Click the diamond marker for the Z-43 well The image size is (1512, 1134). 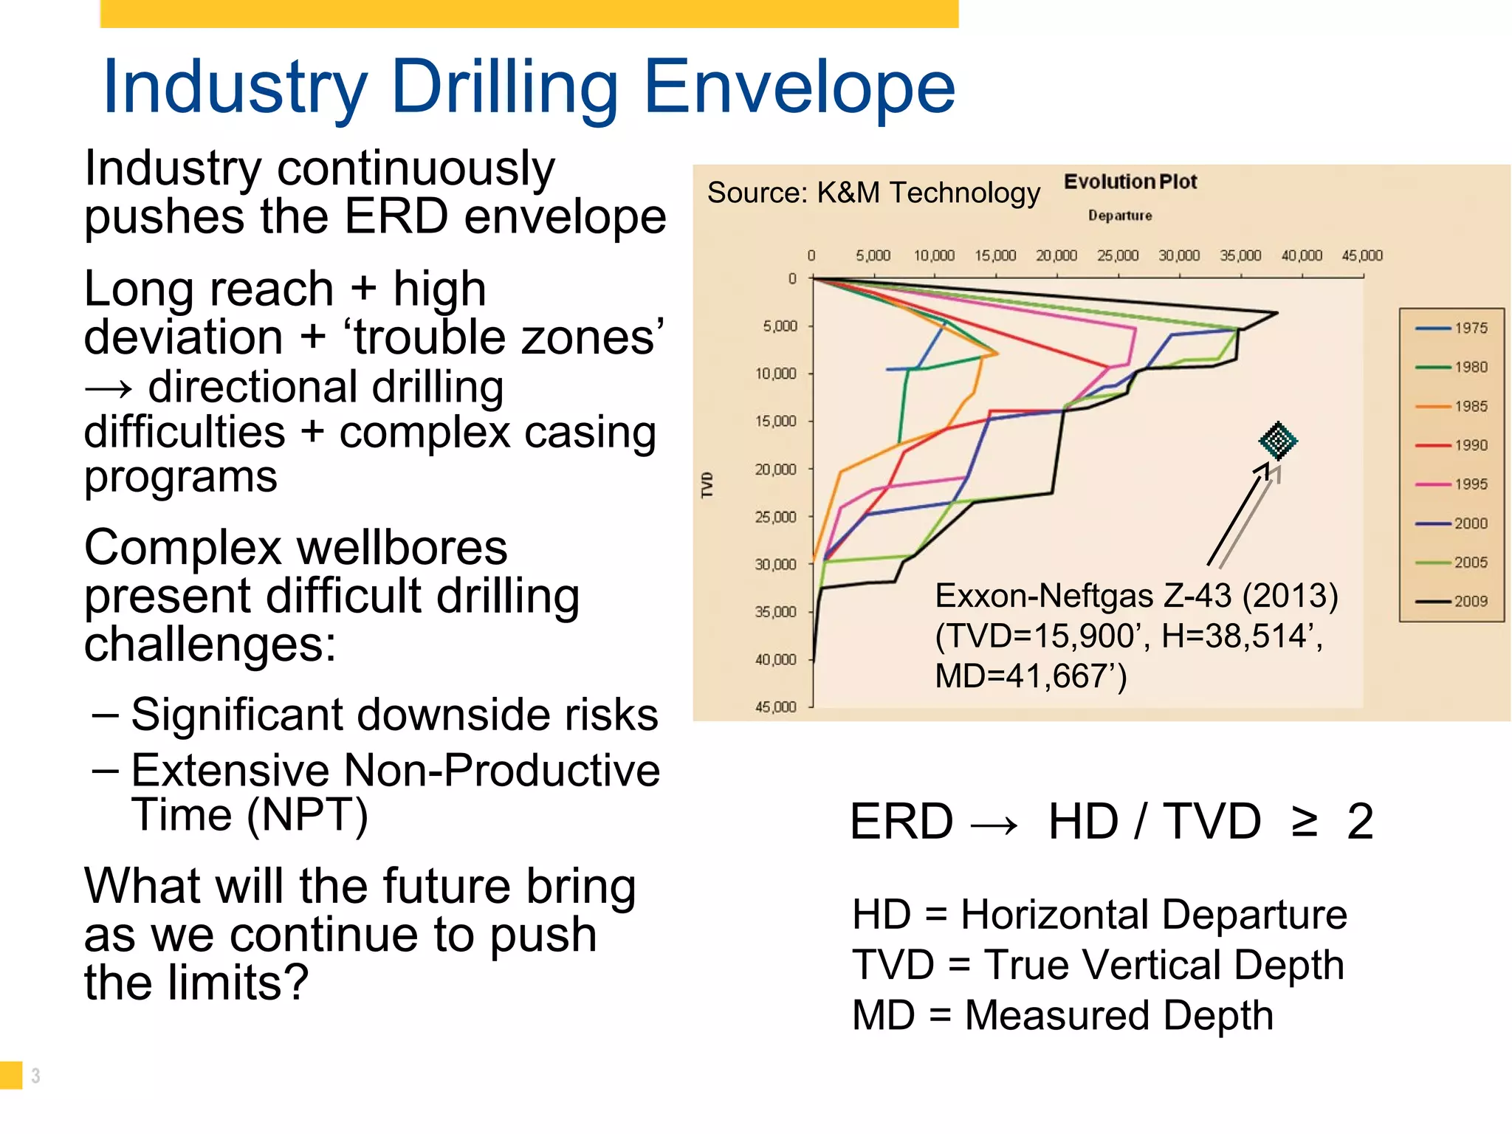click(1278, 441)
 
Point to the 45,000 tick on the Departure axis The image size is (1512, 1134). click(1362, 255)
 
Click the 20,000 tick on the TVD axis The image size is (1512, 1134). click(776, 470)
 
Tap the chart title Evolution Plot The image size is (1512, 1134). click(1130, 182)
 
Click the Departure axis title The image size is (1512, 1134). click(1119, 216)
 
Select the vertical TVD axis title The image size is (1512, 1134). click(707, 485)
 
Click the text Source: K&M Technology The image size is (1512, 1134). click(873, 193)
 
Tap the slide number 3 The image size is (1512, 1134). click(35, 1076)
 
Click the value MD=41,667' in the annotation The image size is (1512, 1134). click(1031, 676)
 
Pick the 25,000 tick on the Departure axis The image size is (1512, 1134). click(1118, 255)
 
